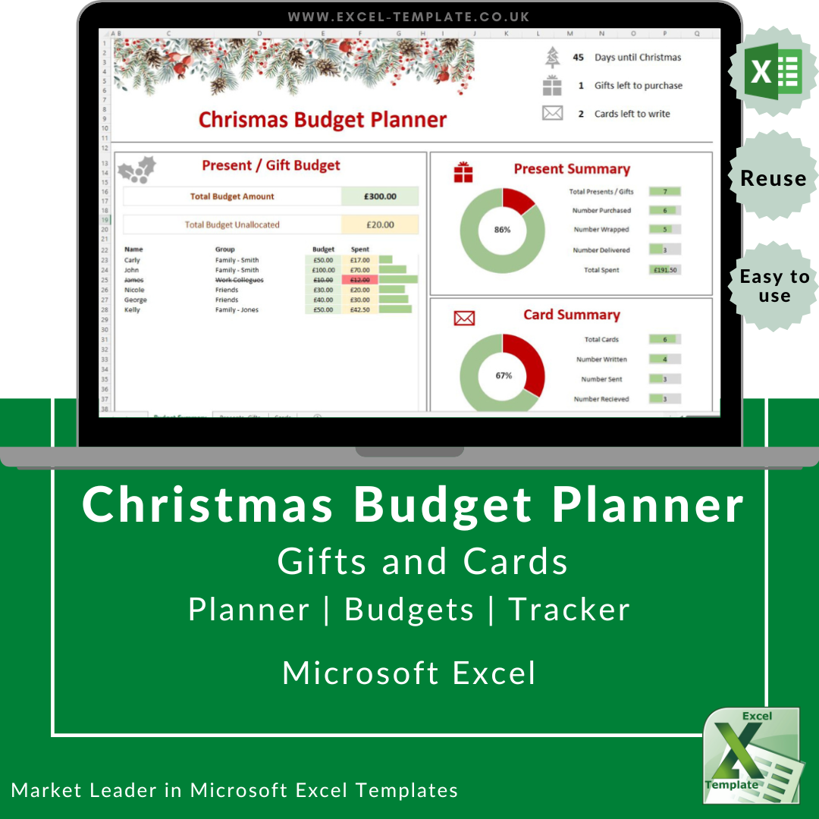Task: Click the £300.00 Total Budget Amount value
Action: [x=380, y=196]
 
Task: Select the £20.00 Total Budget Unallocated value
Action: [x=380, y=224]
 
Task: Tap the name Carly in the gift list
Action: [x=132, y=260]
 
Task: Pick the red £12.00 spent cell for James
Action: [x=359, y=280]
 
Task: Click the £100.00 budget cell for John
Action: [x=323, y=270]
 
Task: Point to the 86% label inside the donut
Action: [x=502, y=230]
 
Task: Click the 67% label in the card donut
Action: [x=504, y=375]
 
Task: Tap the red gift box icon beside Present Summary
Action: [x=463, y=172]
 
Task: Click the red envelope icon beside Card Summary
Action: [x=463, y=318]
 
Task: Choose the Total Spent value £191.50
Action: [x=664, y=270]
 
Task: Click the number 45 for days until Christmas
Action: [x=579, y=58]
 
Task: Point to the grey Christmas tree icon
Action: [x=552, y=58]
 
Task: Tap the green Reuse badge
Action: [x=773, y=178]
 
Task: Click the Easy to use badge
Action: [x=773, y=286]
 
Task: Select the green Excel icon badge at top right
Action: [x=773, y=72]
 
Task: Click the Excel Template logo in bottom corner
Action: [x=751, y=755]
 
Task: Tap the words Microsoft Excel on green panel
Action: [x=409, y=673]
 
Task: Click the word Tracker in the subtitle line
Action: [x=569, y=610]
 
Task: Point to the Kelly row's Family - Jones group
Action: [x=237, y=310]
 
